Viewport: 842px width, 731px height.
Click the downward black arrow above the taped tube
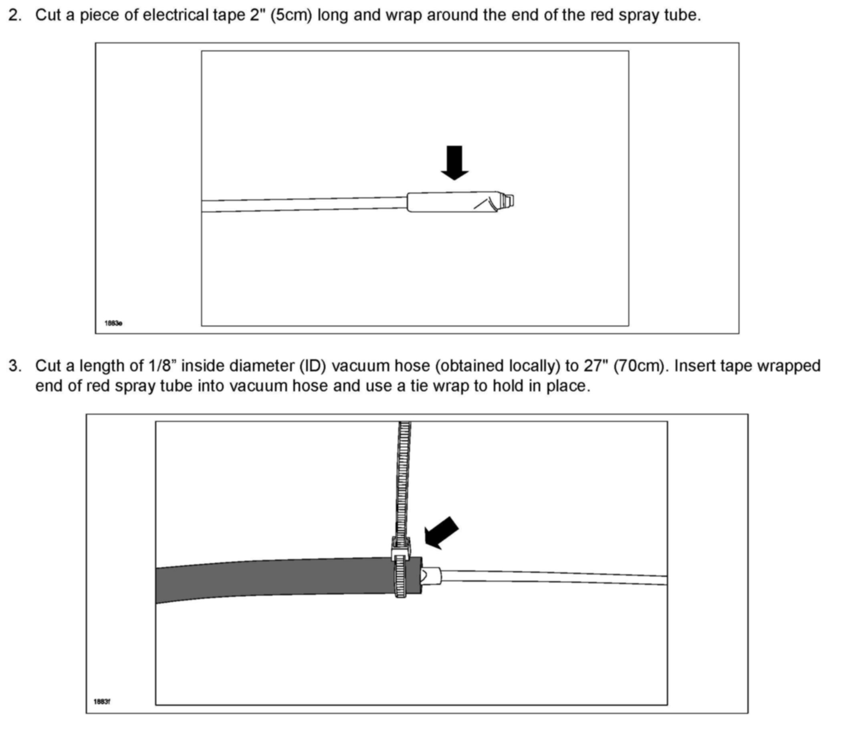(454, 162)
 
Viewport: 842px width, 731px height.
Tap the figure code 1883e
(113, 323)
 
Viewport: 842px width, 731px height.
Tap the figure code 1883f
(102, 702)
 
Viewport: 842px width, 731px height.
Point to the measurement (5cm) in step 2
(288, 16)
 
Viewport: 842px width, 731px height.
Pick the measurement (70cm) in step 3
(641, 366)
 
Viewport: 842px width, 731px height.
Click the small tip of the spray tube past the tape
(508, 201)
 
